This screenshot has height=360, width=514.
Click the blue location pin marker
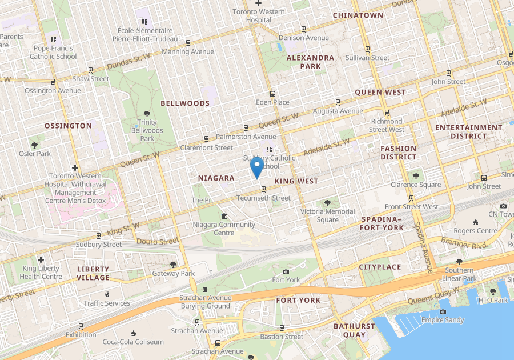[257, 167]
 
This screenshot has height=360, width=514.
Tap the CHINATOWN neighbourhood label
[358, 15]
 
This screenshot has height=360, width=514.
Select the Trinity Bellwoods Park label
[147, 130]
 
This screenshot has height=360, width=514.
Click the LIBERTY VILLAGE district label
[93, 273]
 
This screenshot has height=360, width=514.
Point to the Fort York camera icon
[286, 271]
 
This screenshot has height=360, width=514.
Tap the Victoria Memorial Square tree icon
[327, 203]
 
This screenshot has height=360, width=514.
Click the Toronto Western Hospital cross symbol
[258, 3]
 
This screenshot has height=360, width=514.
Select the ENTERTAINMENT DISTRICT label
[468, 131]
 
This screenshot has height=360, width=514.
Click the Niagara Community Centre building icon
[223, 216]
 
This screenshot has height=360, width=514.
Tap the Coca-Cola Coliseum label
[133, 342]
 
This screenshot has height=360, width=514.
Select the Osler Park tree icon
[35, 145]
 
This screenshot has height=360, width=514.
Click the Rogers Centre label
[476, 231]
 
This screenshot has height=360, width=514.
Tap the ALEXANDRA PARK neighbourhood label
[310, 62]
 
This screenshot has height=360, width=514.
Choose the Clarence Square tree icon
[416, 176]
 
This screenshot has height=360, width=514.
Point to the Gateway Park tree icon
[174, 265]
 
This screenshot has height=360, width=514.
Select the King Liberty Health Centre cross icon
[41, 260]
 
